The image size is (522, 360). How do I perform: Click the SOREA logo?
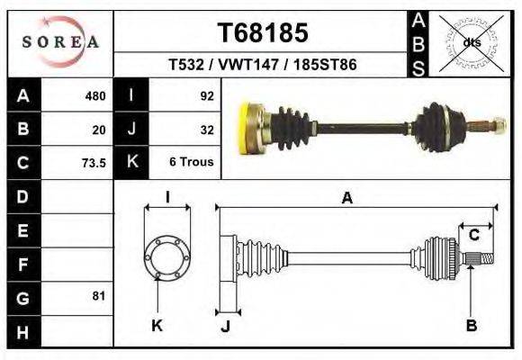click(x=60, y=41)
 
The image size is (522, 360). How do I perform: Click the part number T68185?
click(x=263, y=32)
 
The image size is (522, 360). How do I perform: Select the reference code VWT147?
click(x=248, y=64)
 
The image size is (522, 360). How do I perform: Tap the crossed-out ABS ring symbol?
click(x=471, y=43)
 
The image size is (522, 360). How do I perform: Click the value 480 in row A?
click(x=95, y=96)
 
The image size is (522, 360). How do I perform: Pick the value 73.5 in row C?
click(x=94, y=163)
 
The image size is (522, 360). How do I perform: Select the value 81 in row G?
click(x=99, y=296)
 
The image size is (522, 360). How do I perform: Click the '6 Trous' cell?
click(x=192, y=161)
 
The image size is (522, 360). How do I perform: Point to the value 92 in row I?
click(x=207, y=96)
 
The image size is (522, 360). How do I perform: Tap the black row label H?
click(x=23, y=332)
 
